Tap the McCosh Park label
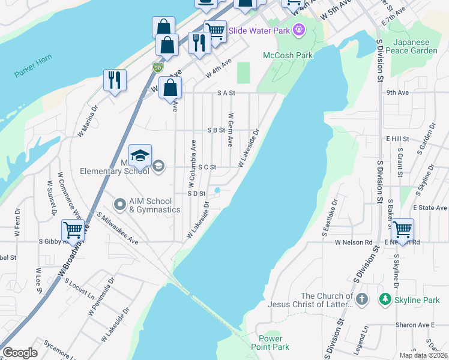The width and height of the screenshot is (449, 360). pyautogui.click(x=288, y=55)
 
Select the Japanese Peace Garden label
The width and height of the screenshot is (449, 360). pyautogui.click(x=415, y=46)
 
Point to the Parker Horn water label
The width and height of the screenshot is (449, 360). pyautogui.click(x=33, y=66)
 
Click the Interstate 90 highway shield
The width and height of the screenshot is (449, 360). pyautogui.click(x=158, y=67)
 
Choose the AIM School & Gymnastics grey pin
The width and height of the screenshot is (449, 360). pyautogui.click(x=119, y=205)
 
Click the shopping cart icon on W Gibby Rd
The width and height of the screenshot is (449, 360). pyautogui.click(x=73, y=230)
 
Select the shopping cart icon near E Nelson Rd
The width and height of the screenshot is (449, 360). pyautogui.click(x=402, y=229)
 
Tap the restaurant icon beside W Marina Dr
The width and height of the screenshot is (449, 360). pyautogui.click(x=115, y=80)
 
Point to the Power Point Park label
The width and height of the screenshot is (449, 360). pyautogui.click(x=274, y=343)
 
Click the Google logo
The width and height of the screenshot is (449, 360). pyautogui.click(x=20, y=353)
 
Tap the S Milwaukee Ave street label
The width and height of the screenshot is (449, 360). pyautogui.click(x=118, y=228)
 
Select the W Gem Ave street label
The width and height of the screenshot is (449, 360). pyautogui.click(x=230, y=129)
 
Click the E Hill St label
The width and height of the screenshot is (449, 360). pyautogui.click(x=397, y=139)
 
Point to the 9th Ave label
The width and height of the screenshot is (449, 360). pyautogui.click(x=397, y=93)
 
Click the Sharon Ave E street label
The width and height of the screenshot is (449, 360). pyautogui.click(x=414, y=325)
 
